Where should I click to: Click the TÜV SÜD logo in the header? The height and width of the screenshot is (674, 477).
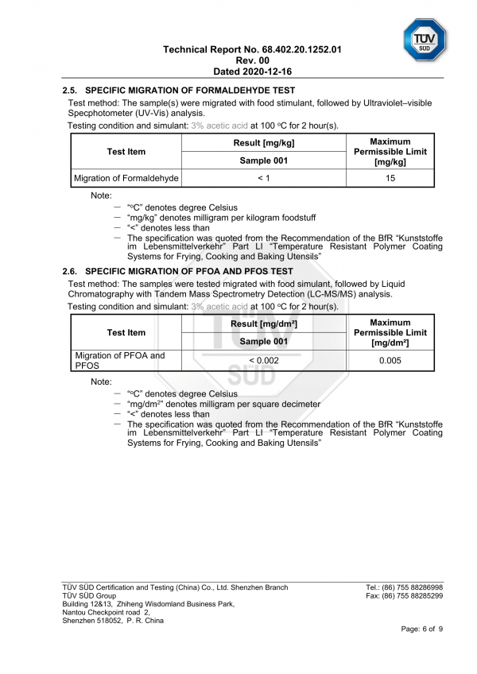click(425, 39)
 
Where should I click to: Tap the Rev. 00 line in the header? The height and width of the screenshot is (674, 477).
click(253, 60)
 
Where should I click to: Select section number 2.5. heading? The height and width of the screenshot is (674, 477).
click(70, 91)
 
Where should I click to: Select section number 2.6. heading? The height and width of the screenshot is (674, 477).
click(70, 271)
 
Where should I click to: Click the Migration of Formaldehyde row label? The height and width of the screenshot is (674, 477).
click(126, 178)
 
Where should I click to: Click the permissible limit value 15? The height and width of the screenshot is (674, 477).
click(390, 178)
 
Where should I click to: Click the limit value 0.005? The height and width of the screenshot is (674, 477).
click(390, 360)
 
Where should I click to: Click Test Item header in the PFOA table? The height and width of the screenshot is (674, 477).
click(126, 332)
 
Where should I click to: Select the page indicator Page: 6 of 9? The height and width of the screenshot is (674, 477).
click(422, 629)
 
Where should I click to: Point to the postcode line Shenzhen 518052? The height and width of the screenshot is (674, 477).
click(113, 621)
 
